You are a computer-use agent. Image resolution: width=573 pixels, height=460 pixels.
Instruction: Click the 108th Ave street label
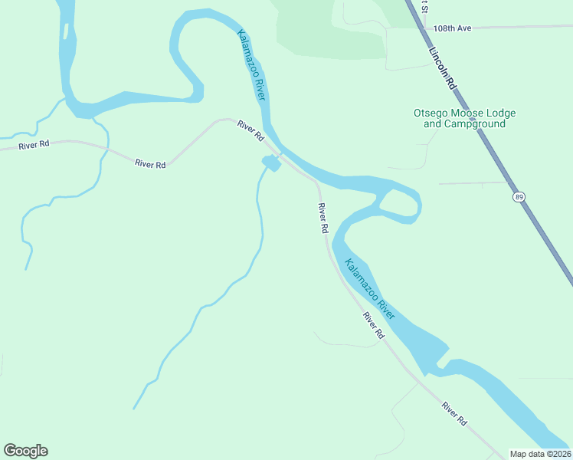[x=452, y=28]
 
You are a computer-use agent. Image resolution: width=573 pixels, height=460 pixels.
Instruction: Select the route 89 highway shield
[x=520, y=197]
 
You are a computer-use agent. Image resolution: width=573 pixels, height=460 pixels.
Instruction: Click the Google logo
[x=25, y=451]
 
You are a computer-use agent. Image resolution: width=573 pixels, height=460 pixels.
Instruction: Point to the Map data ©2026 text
[x=540, y=454]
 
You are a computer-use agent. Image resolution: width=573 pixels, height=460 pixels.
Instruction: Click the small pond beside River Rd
[x=270, y=163]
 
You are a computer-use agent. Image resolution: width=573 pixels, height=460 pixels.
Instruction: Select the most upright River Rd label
[x=323, y=218]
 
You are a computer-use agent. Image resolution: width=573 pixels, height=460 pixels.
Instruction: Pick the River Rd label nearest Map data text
[x=454, y=414]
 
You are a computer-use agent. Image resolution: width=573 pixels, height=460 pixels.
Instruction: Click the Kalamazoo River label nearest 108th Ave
[x=251, y=65]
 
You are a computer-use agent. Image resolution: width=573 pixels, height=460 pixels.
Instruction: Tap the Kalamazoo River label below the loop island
[x=369, y=289]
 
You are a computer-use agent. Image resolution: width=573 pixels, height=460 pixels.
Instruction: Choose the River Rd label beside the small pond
[x=250, y=130]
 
